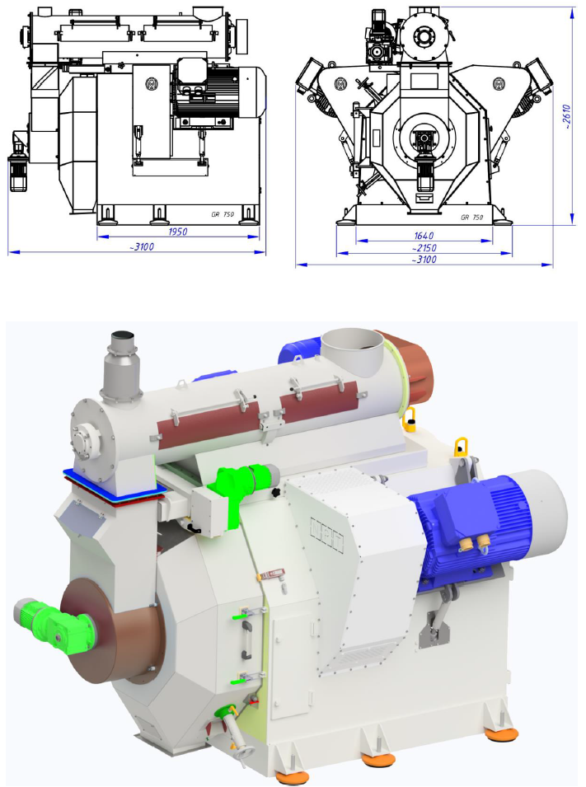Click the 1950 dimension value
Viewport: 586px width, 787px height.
tap(178, 232)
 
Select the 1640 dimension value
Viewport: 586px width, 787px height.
tap(424, 236)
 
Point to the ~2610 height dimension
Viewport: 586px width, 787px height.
tap(566, 117)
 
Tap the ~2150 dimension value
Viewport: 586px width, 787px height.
tap(424, 248)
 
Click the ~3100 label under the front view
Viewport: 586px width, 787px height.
tap(424, 260)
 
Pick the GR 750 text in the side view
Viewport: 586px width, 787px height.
tap(223, 214)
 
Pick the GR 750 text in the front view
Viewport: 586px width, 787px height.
tap(472, 218)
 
